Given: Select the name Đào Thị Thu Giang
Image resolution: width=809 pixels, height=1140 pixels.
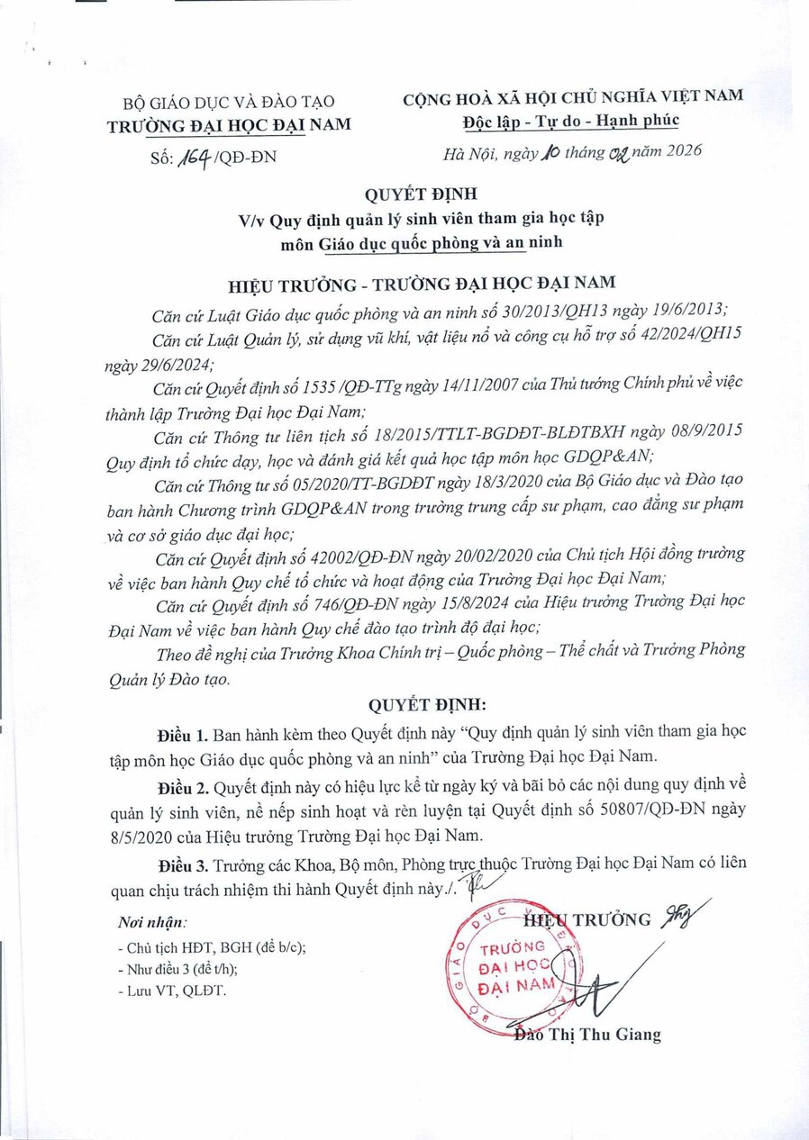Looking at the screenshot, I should click(587, 1035).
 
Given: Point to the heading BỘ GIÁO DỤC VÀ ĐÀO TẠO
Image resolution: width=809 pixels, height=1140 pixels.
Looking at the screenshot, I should click(228, 102).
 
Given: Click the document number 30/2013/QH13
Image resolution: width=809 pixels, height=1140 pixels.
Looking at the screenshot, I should click(532, 311).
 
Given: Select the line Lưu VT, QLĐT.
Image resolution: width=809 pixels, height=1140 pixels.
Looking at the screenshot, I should click(172, 991).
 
